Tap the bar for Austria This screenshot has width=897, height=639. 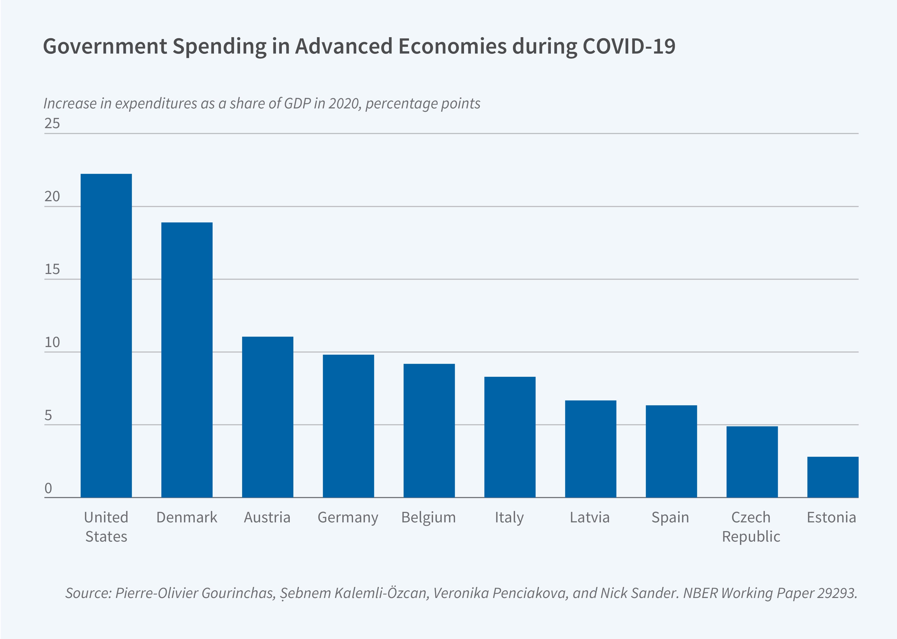pos(267,417)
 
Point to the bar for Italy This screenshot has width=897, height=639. pos(510,437)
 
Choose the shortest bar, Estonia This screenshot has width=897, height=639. pos(832,477)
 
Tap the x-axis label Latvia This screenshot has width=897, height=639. pos(590,518)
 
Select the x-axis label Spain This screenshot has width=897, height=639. pos(670,518)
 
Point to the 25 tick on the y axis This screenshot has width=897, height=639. pos(52,124)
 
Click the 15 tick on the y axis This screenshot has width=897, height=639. pos(52,270)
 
